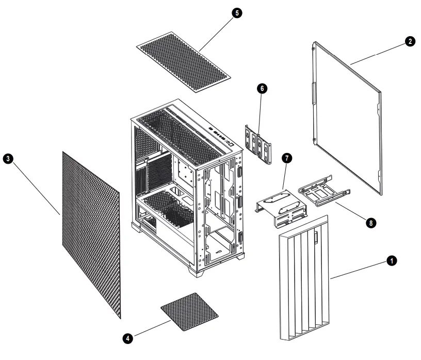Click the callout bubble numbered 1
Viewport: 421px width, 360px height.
392,262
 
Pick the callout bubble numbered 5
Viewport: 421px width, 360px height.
237,13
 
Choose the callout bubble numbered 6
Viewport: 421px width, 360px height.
262,88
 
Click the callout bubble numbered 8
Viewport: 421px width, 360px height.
369,223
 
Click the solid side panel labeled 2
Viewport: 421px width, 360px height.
348,119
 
